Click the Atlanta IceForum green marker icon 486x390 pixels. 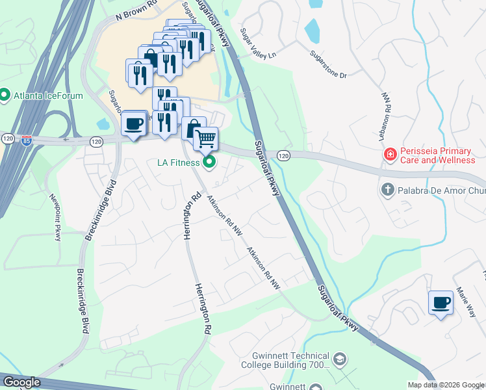coord(5,96)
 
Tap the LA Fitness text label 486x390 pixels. coord(177,162)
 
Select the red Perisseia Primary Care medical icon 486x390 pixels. coord(390,155)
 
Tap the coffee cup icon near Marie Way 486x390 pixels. coord(441,303)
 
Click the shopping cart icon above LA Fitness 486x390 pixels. coord(205,138)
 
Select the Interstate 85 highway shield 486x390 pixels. coord(26,140)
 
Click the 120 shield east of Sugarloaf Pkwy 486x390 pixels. coord(283,155)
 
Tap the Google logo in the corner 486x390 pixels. coord(21,382)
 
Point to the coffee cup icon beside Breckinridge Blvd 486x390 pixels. coord(134,123)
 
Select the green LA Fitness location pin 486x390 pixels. coord(209,162)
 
